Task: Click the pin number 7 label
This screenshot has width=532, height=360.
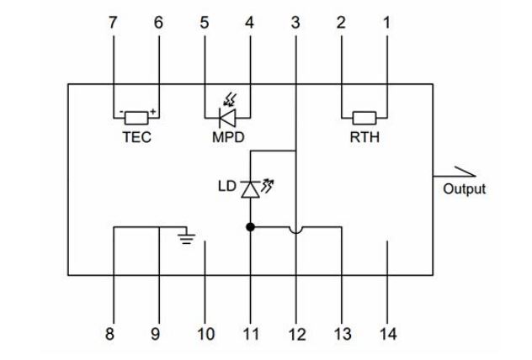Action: pyautogui.click(x=113, y=23)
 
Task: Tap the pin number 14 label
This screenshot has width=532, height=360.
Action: pyautogui.click(x=388, y=334)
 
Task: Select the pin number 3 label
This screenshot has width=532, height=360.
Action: pyautogui.click(x=295, y=23)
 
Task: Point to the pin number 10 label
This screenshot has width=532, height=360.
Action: pyautogui.click(x=206, y=334)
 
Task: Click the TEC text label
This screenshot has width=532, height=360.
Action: pyautogui.click(x=136, y=137)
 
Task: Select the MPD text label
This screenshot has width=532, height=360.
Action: pyautogui.click(x=228, y=137)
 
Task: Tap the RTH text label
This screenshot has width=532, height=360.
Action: pyautogui.click(x=364, y=137)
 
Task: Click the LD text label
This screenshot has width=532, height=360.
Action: pyautogui.click(x=226, y=186)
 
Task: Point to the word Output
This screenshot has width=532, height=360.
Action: pyautogui.click(x=464, y=188)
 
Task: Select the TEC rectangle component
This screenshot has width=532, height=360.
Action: pyautogui.click(x=136, y=118)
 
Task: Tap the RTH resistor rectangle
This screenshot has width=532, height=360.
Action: pyautogui.click(x=364, y=118)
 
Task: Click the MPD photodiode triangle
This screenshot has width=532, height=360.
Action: pyautogui.click(x=227, y=118)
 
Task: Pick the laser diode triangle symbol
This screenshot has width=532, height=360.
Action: pyautogui.click(x=250, y=189)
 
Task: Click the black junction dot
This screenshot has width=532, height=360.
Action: pyautogui.click(x=250, y=227)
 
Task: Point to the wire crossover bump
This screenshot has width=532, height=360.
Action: pyautogui.click(x=295, y=230)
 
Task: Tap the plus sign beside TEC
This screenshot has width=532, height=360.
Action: pyautogui.click(x=153, y=111)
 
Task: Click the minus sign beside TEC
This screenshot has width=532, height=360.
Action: pyautogui.click(x=120, y=112)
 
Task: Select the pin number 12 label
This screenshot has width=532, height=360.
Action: pyautogui.click(x=297, y=334)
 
